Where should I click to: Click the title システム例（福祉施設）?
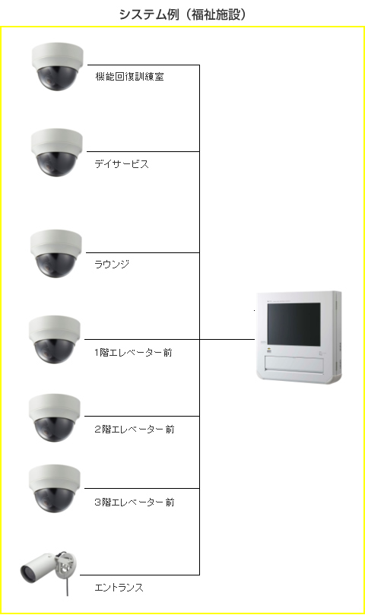point(182,14)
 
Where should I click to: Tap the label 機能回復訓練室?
point(129,77)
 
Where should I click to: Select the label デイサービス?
point(122,164)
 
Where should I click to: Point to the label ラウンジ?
point(112,264)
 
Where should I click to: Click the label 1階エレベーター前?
point(133,353)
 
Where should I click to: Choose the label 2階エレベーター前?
point(135,430)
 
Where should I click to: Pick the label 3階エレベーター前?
point(135,502)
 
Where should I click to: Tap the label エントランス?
point(119,587)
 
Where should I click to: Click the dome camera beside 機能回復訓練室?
point(57,67)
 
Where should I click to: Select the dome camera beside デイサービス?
point(57,153)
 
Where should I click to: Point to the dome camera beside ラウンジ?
point(56,254)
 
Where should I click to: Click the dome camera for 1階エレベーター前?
point(55,339)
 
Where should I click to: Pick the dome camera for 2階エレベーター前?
point(55,417)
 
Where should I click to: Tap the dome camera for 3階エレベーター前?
point(55,489)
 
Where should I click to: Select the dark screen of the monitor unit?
point(294,324)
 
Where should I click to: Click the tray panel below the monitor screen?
point(294,363)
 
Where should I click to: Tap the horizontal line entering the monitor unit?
point(227,339)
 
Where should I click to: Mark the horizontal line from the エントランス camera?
point(140,575)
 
